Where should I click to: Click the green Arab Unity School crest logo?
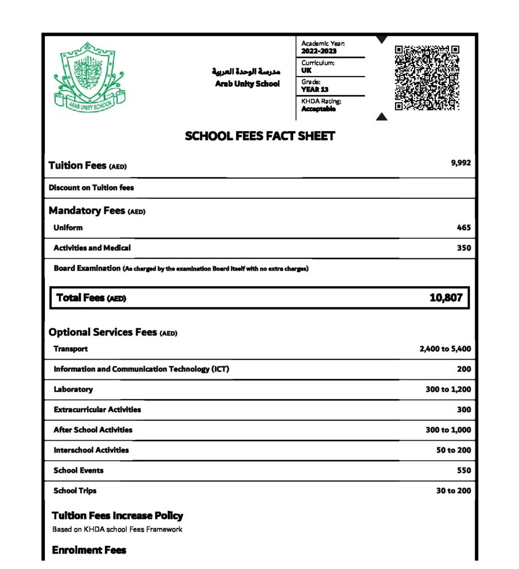point(89,76)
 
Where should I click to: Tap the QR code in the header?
point(427,78)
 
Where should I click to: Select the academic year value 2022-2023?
point(319,51)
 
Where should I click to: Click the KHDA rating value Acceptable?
point(318,109)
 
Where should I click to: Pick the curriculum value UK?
point(306,71)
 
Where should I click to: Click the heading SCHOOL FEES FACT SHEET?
point(259,136)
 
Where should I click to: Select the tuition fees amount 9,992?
point(461,163)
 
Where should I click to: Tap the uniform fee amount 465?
point(464,228)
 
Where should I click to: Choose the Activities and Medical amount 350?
point(464,248)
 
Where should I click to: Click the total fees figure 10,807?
point(446,298)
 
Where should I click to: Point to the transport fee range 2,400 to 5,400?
point(445,349)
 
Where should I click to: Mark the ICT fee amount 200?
point(464,369)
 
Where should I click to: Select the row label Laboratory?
point(73,390)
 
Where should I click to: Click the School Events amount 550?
point(464,470)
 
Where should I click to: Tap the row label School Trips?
point(75,491)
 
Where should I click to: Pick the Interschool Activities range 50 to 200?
point(453,450)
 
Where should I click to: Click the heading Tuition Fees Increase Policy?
point(117,516)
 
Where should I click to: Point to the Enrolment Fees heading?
point(89,550)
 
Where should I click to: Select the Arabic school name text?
point(246,72)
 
